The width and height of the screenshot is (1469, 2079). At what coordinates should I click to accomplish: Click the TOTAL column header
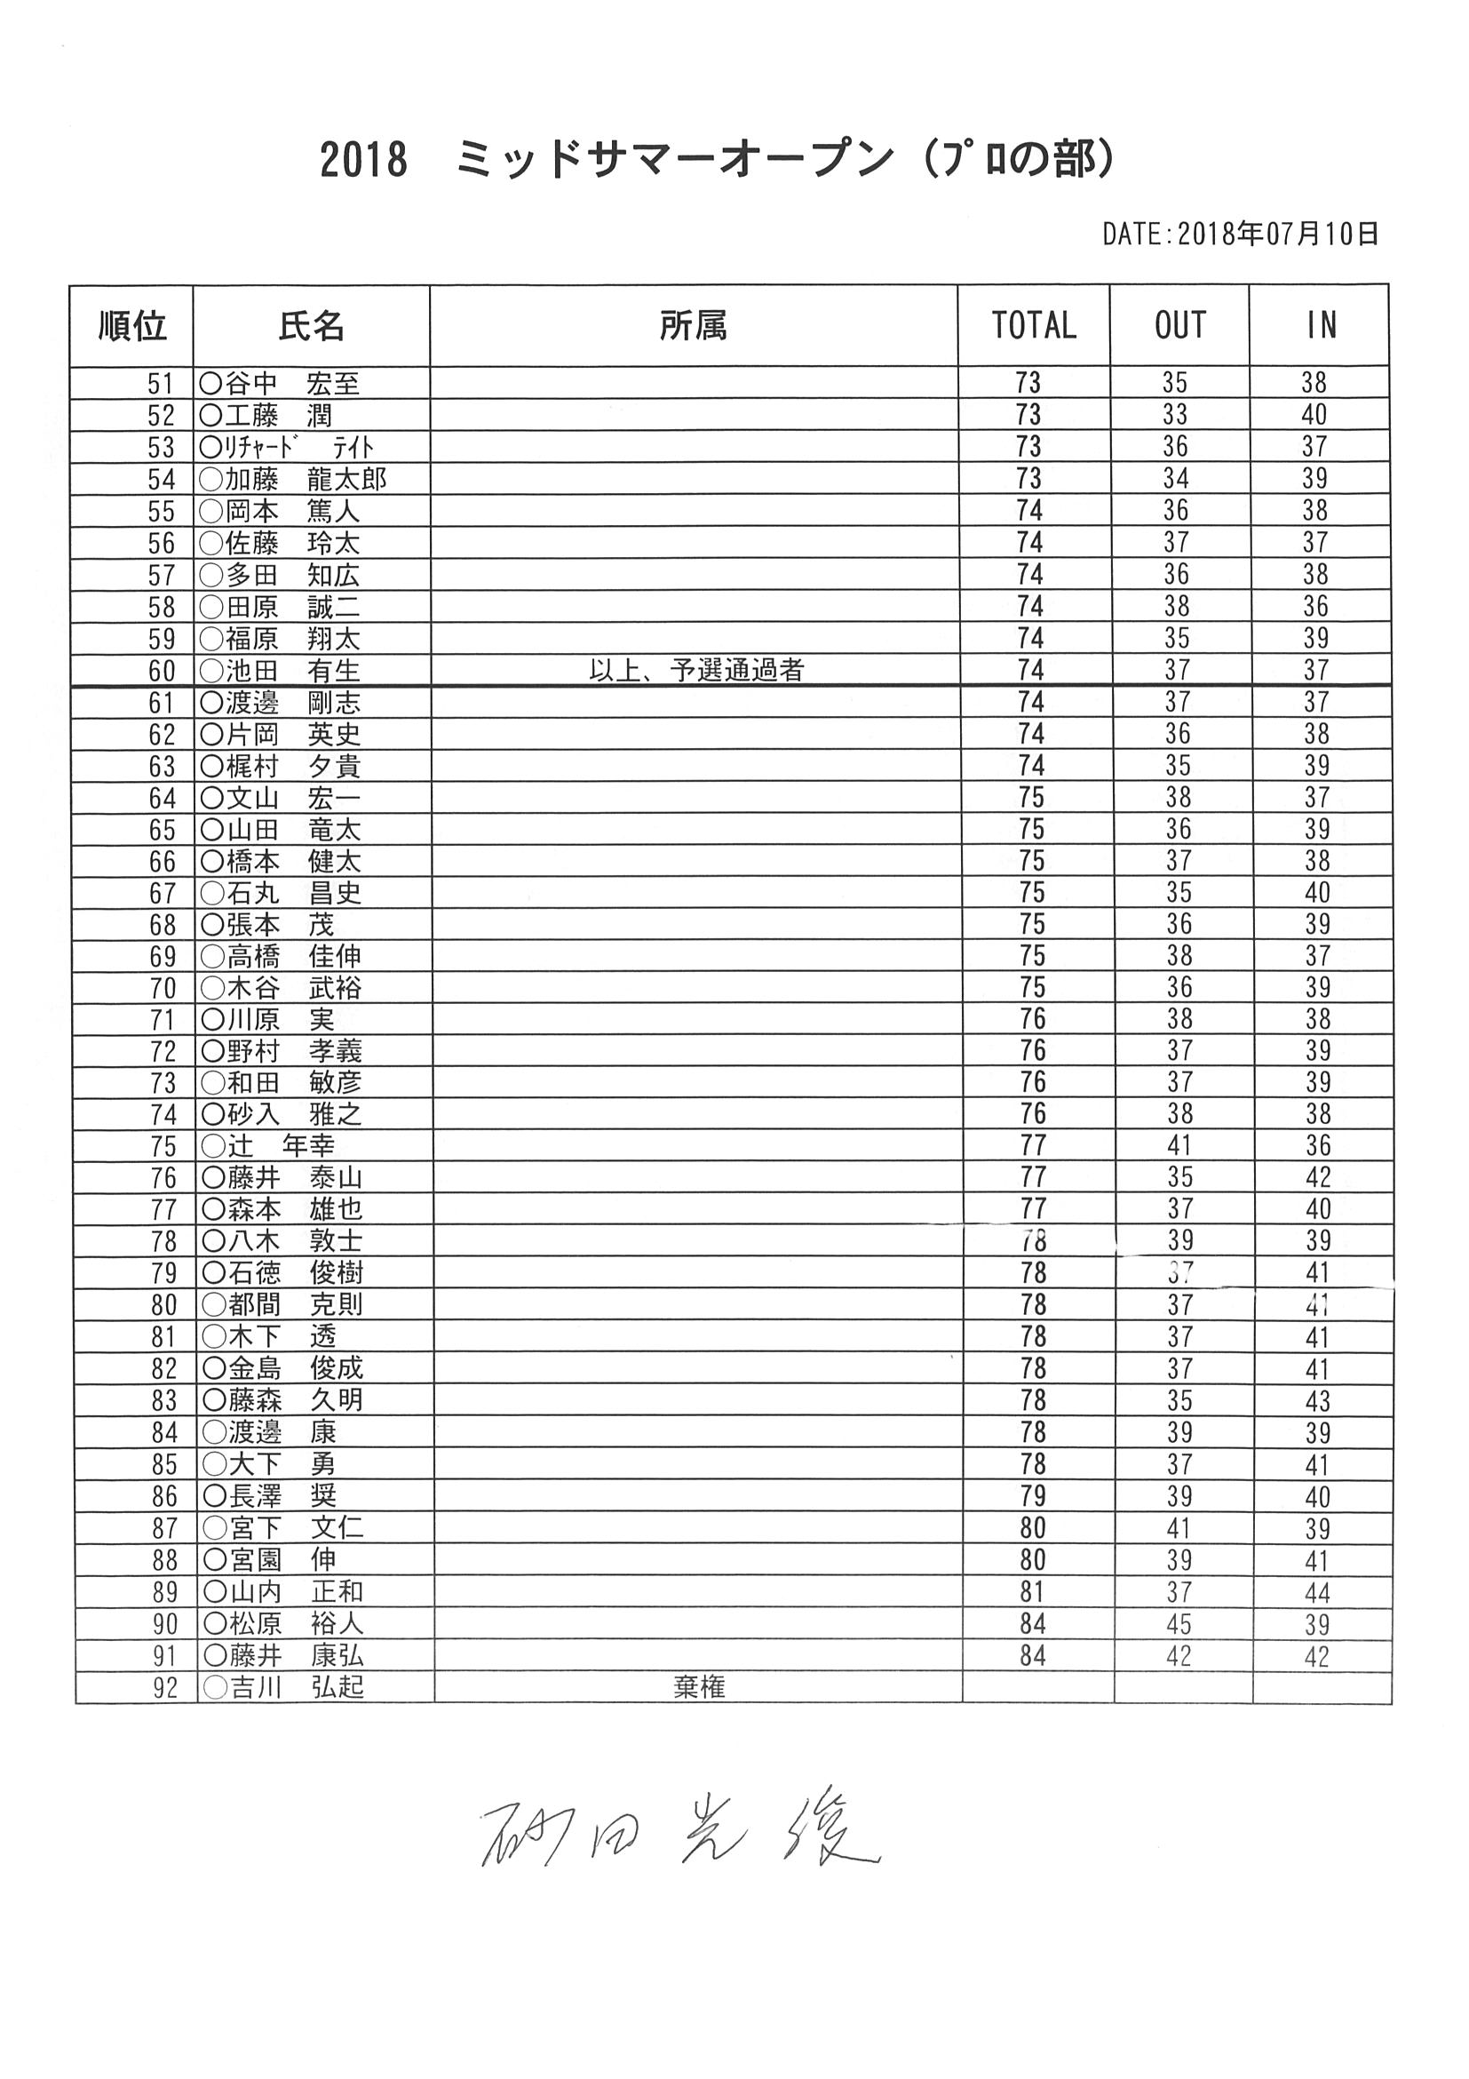(1034, 325)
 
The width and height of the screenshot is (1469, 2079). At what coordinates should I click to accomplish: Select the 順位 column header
(132, 325)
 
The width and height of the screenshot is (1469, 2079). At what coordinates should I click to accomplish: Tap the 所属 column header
(694, 325)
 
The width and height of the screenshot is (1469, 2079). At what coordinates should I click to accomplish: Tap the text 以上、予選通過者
(696, 671)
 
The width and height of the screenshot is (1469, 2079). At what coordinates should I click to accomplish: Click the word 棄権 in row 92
(699, 1687)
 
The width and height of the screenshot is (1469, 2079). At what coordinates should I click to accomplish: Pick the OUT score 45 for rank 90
(1179, 1623)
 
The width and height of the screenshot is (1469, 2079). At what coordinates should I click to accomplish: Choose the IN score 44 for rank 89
(1318, 1592)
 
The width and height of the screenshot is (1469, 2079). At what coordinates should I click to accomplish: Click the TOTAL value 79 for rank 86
(1033, 1496)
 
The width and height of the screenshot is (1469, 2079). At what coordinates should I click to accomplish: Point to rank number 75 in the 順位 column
(163, 1146)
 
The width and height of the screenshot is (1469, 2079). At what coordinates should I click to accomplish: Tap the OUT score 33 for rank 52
(1175, 416)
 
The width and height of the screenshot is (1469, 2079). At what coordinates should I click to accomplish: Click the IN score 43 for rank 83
(1318, 1401)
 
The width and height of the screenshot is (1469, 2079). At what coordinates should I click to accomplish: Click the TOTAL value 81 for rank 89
(1033, 1592)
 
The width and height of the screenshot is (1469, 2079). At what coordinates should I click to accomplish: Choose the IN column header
(1321, 325)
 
